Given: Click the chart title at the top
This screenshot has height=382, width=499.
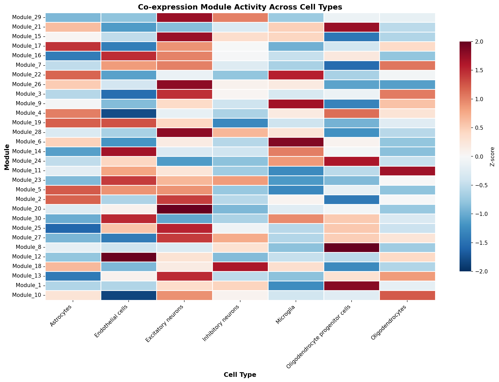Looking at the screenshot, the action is coord(240,7).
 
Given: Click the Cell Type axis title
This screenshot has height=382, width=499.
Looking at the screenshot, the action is coord(240,375).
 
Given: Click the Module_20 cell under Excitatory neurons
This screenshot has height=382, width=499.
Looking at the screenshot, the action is coord(184,209).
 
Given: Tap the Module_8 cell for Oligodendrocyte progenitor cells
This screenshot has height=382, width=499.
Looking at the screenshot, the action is coord(351,247).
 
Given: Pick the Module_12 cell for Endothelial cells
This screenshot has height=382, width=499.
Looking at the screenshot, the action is coord(129,257).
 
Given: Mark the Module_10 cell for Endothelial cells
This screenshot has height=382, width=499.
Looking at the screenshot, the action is coord(129,295).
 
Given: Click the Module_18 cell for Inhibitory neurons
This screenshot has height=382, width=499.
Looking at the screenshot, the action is coord(240,266).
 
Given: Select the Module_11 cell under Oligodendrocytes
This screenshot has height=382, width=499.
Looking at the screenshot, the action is coord(407,171).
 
